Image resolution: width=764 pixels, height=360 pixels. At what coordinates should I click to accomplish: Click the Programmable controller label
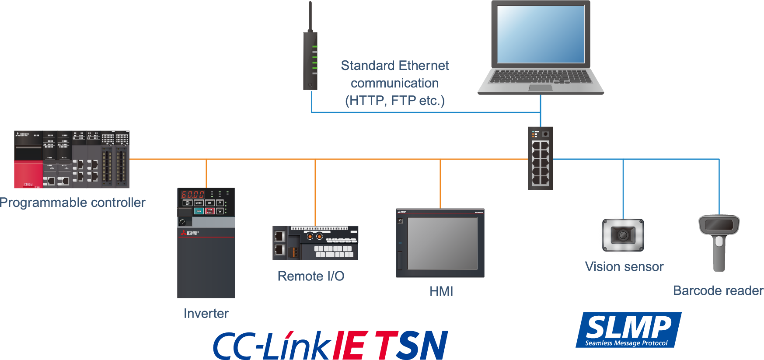point(73,203)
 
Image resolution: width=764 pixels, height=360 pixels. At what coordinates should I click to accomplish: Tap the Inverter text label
point(206,313)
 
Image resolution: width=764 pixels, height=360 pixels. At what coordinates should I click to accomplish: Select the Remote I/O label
point(311,276)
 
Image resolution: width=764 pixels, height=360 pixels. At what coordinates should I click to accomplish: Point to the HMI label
point(441,291)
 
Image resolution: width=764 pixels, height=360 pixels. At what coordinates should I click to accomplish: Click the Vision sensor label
point(624,266)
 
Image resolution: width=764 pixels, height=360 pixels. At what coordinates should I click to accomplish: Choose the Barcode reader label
point(718,290)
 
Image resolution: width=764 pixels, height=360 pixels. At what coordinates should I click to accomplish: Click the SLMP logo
point(628,330)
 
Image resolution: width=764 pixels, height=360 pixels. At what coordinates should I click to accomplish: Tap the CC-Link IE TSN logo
point(331,345)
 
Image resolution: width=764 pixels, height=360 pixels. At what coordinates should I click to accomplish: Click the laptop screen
point(541,34)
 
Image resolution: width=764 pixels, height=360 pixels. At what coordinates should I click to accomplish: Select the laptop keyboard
point(541,77)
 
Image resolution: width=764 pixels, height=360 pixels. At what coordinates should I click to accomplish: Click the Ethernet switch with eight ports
point(541,158)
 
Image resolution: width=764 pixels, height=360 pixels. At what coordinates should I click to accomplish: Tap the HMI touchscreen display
point(443,243)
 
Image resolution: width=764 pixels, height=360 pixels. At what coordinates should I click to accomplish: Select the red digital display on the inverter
point(193,195)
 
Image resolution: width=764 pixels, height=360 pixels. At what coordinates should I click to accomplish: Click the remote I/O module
point(315,243)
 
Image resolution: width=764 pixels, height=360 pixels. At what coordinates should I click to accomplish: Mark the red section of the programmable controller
point(28,175)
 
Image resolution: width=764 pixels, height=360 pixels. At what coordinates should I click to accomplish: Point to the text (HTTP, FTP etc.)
point(394,101)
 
